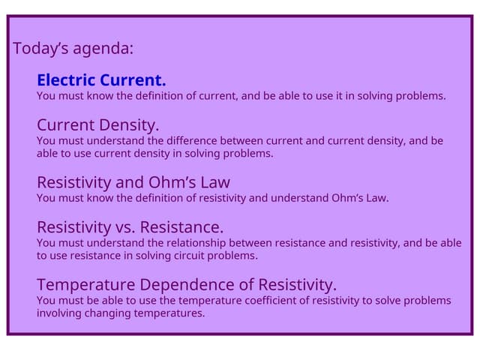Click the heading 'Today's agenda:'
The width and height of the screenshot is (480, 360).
point(73,49)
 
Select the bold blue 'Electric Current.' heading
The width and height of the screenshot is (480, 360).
point(101,80)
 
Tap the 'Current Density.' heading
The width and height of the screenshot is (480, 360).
point(98,124)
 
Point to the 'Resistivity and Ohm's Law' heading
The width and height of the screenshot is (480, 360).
point(133,182)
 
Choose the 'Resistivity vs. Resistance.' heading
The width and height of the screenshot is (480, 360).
point(130,227)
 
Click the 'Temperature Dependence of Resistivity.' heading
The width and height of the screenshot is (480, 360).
point(187,285)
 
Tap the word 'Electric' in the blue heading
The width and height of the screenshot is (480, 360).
point(64,80)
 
